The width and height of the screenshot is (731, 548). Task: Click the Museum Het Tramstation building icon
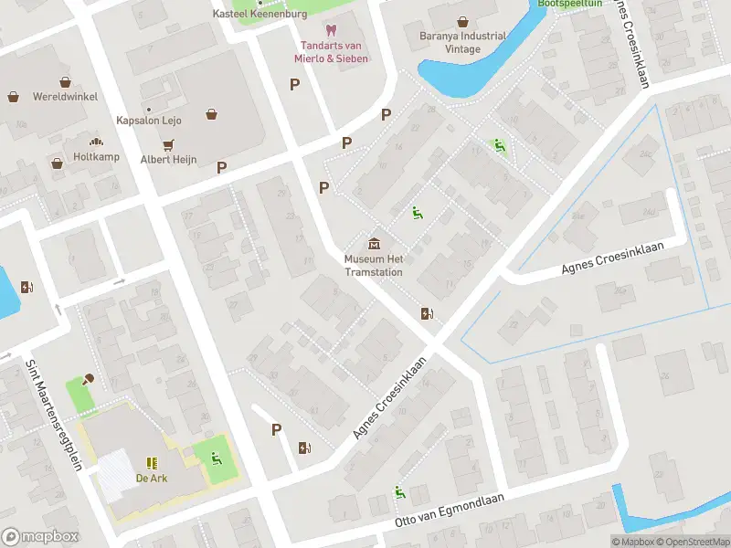point(375,243)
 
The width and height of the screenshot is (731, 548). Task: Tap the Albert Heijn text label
point(168,160)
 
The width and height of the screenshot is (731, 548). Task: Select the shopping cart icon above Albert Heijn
point(168,144)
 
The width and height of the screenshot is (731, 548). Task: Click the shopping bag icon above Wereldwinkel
point(14,96)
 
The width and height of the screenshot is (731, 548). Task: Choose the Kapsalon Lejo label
point(149,121)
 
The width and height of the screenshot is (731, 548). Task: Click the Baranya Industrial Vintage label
point(462,43)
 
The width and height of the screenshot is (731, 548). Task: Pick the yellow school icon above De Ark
point(151,463)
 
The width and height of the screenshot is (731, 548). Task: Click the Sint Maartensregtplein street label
point(54,416)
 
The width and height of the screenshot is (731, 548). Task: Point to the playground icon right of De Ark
point(217,458)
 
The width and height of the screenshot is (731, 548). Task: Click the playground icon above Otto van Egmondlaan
point(399,493)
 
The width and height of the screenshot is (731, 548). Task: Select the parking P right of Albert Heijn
point(221,167)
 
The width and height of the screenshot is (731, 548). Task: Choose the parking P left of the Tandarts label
point(294,84)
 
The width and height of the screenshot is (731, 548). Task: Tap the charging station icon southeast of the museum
point(426,314)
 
